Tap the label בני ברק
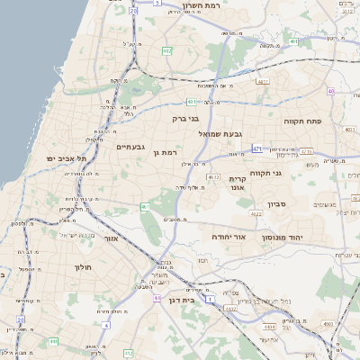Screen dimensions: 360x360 (x=185, y=117)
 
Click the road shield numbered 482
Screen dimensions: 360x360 (x=167, y=51)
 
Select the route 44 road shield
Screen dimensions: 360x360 (x=157, y=297)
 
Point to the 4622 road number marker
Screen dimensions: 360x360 (x=256, y=214)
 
